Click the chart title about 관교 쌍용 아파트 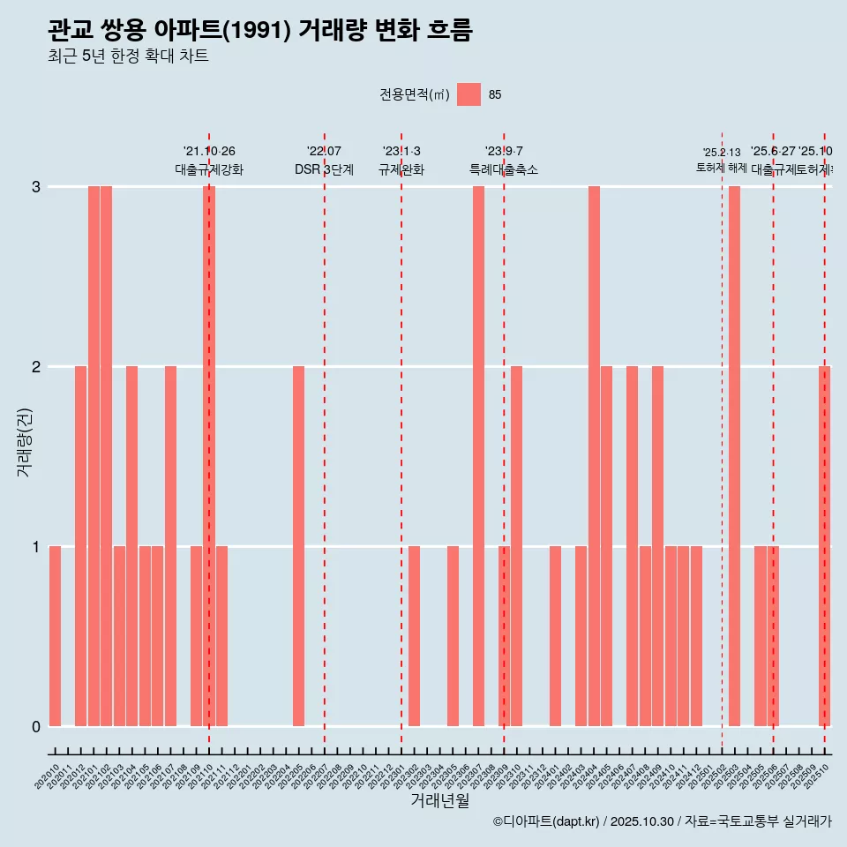260,31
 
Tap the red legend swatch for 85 468,94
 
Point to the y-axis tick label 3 36,187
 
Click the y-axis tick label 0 36,727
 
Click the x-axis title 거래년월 439,800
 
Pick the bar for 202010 55,635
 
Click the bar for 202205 298,545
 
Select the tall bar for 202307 478,455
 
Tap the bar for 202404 594,455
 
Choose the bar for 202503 734,455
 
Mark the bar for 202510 824,545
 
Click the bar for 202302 414,635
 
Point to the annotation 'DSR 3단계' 324,170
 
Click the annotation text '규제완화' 401,170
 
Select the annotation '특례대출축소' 503,170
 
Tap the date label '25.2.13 722,153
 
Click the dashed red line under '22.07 325,441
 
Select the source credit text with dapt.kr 662,821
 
